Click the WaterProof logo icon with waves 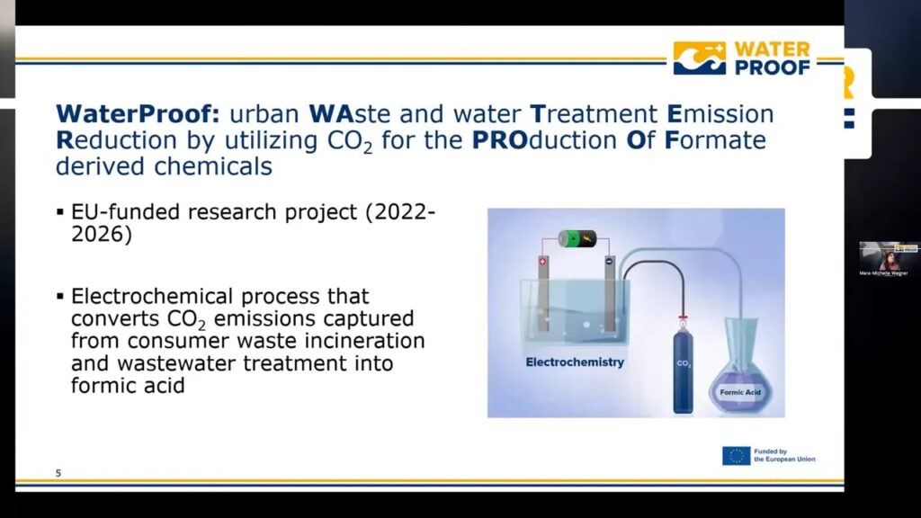700,58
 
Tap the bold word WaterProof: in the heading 136,115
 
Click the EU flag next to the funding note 736,456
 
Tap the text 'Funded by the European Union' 784,456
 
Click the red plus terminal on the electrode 542,262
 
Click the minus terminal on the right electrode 609,262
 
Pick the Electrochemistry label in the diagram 575,362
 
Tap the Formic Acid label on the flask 741,392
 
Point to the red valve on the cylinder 684,317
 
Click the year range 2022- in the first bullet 397,213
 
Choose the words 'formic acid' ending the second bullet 126,386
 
